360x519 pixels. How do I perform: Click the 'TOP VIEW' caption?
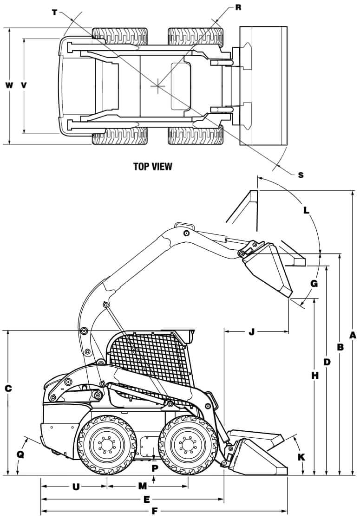coord(152,166)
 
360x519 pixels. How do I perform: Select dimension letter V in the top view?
coord(24,85)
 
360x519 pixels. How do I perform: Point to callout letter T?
coord(54,13)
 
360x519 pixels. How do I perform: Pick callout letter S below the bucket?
coord(301,175)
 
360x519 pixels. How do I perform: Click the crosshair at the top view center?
coord(158,85)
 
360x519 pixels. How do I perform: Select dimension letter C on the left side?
coord(8,389)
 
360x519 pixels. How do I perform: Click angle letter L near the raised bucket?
coord(306,210)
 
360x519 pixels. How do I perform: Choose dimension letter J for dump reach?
coord(251,331)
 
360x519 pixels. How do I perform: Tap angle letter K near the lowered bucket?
coord(301,457)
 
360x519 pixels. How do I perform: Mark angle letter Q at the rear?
coord(20,454)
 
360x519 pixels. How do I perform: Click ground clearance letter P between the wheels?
coord(155,468)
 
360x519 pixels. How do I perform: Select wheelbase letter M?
coord(143,486)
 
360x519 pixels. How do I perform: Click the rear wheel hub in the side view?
coord(107,446)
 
